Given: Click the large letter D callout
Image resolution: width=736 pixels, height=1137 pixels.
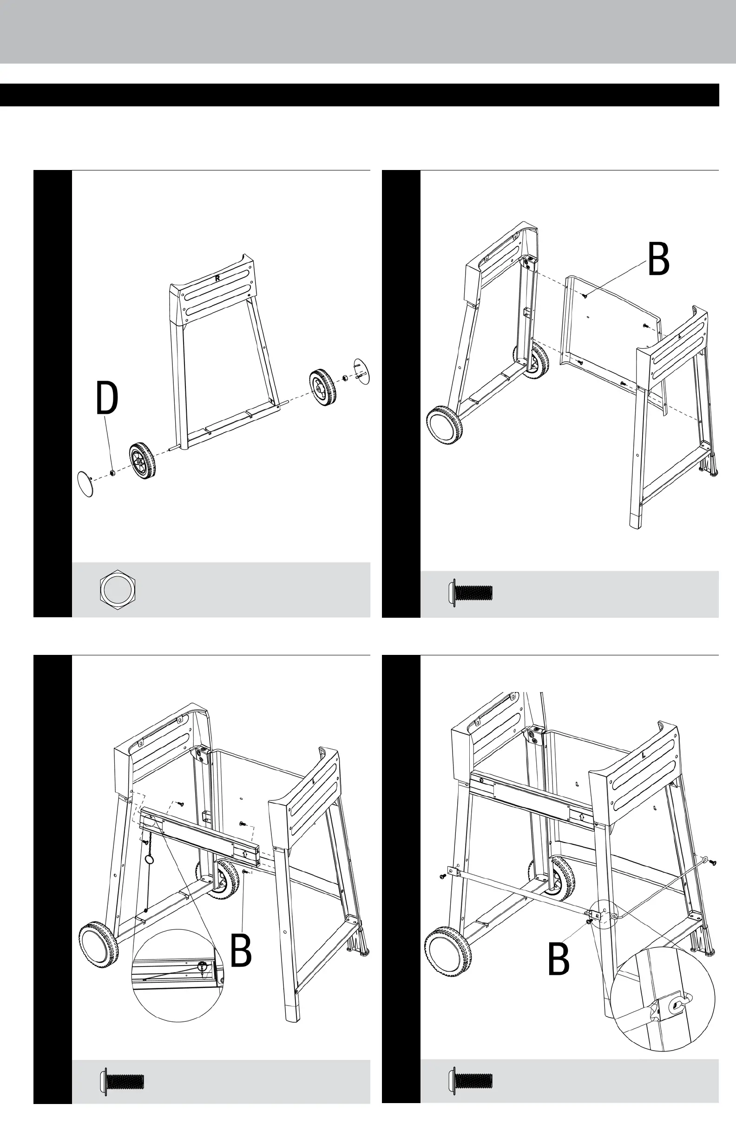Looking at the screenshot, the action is coord(107,398).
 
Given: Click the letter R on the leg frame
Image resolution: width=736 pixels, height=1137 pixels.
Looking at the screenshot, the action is coord(217,278).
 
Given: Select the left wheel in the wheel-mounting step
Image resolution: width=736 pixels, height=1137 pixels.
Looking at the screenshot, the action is coord(142,461).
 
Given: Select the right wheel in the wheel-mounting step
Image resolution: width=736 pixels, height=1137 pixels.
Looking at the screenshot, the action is coord(322,387).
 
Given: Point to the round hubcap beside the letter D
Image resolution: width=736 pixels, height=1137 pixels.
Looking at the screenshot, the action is coord(85,484).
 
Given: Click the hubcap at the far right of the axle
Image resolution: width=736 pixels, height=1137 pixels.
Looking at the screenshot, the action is coord(362,370).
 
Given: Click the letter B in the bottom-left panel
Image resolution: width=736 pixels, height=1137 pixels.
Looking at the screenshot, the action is coord(241,951).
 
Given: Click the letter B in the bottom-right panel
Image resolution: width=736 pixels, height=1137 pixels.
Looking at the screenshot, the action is coord(559,959).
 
